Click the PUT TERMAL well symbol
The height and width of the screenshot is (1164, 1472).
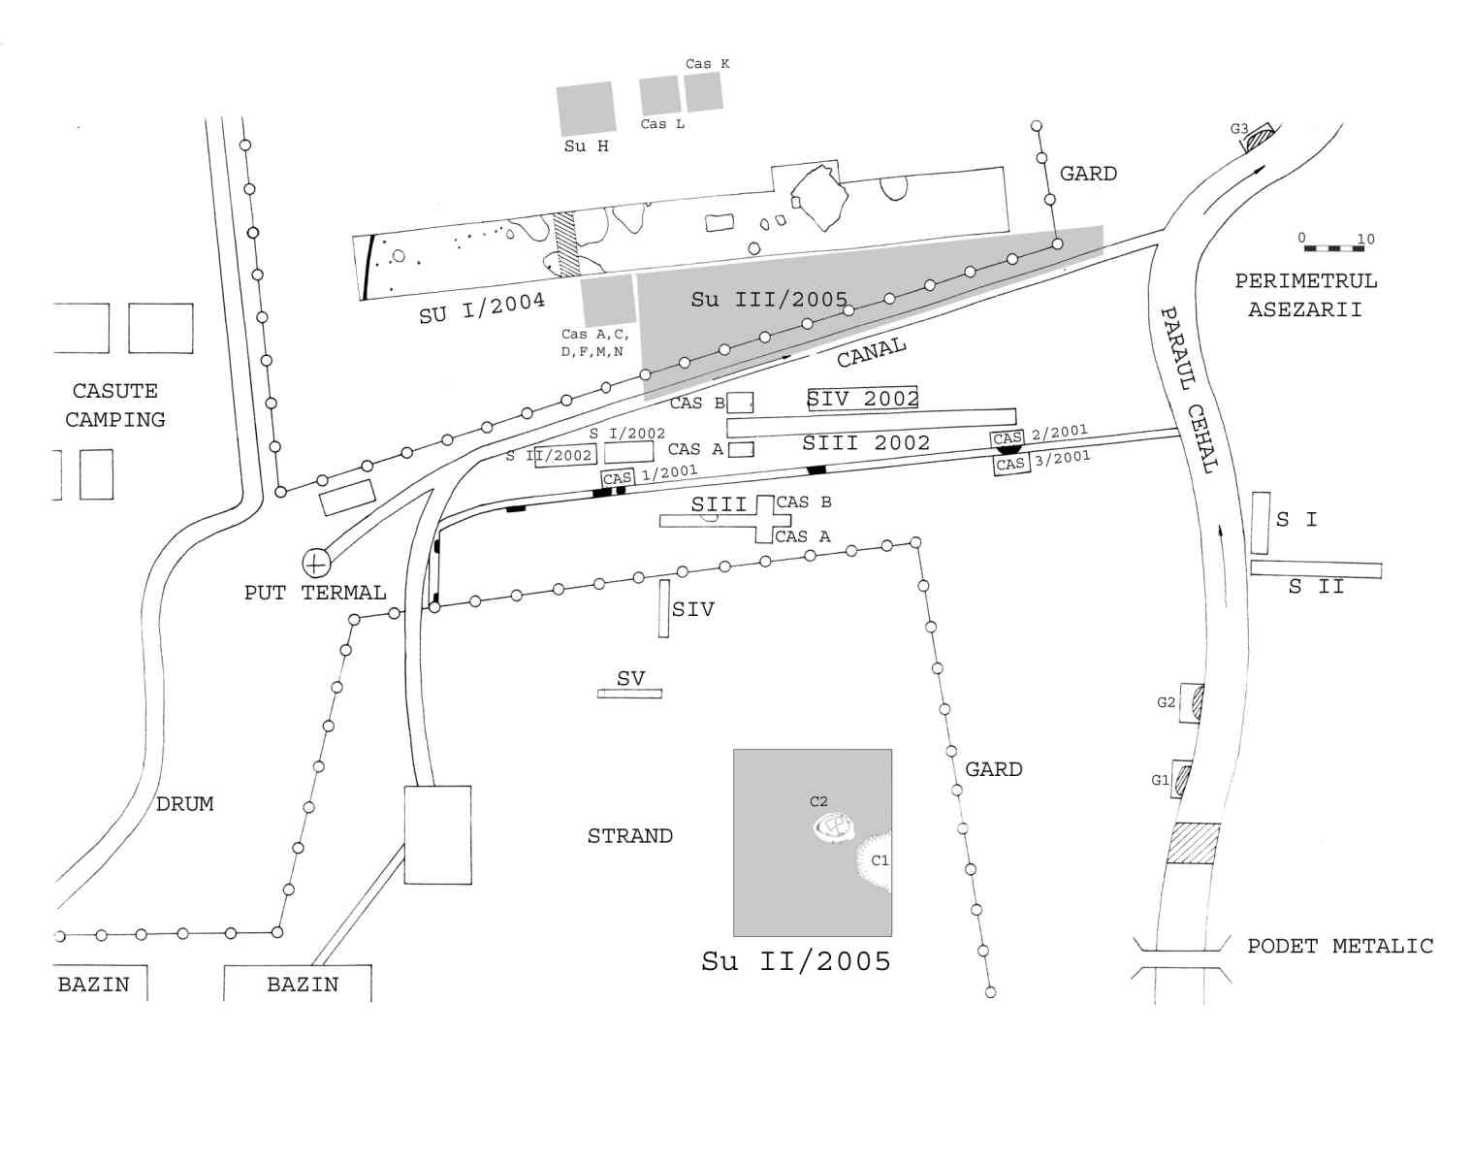(316, 564)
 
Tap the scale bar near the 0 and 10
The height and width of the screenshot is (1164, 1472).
(1334, 248)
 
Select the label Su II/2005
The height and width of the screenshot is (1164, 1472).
(796, 961)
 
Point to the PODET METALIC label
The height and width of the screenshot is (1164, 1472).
(1340, 947)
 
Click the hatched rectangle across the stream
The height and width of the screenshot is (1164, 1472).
(1193, 843)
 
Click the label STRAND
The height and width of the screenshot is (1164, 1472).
(630, 835)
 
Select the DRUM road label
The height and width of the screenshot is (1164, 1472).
(184, 804)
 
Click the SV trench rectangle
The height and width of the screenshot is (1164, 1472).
(629, 694)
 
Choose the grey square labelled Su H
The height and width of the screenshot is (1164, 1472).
(587, 108)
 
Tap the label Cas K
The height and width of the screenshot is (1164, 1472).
(707, 64)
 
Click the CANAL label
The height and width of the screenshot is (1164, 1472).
(871, 352)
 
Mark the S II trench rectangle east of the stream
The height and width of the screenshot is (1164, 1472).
(1316, 569)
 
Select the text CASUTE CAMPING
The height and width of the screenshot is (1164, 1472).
(115, 405)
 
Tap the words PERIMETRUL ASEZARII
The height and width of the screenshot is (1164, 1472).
(1306, 295)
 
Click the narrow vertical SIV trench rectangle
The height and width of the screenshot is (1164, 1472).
(663, 608)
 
